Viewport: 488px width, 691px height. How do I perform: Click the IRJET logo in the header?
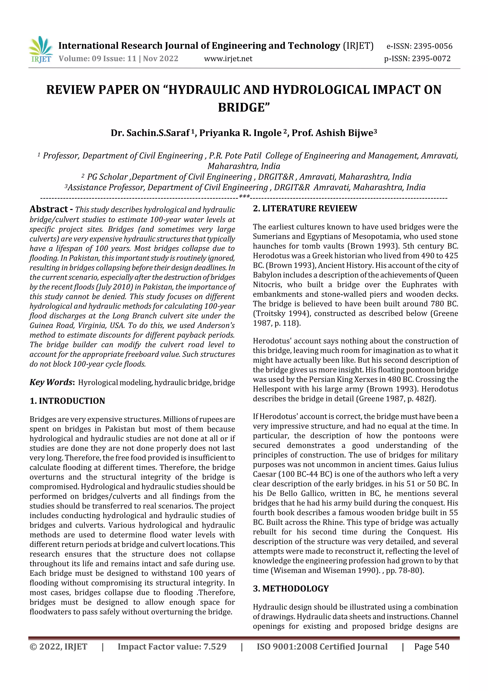coord(41,49)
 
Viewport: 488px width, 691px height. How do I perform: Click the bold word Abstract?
coord(49,209)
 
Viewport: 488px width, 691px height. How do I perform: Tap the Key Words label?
coord(51,382)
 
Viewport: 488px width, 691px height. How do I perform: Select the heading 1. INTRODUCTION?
coord(67,401)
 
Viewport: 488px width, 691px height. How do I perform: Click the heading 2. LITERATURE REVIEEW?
coord(305,208)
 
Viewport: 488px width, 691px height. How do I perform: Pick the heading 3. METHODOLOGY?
coord(291,588)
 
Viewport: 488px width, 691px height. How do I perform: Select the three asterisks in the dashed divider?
coord(244,197)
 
